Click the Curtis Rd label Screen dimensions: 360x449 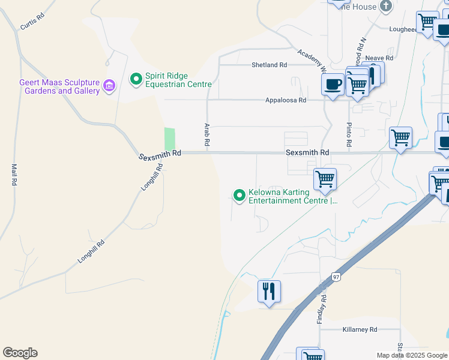[32, 22]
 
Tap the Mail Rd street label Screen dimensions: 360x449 [13, 174]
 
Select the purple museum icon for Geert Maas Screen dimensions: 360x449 [109, 86]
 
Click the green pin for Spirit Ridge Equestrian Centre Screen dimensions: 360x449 [136, 79]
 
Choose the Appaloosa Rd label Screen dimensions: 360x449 [286, 100]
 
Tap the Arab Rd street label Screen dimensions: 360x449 [206, 133]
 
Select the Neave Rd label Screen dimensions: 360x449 [381, 58]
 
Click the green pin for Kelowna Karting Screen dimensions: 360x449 [240, 195]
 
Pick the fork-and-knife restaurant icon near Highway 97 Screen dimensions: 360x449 [268, 292]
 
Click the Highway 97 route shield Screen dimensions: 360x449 [335, 277]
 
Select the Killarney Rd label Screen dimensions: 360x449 [360, 330]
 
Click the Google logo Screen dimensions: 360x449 [20, 353]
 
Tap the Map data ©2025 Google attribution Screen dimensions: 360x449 [412, 355]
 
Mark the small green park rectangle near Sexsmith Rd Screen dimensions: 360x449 [170, 139]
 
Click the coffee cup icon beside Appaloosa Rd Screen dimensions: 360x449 [333, 85]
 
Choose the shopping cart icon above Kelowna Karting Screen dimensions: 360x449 [325, 178]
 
